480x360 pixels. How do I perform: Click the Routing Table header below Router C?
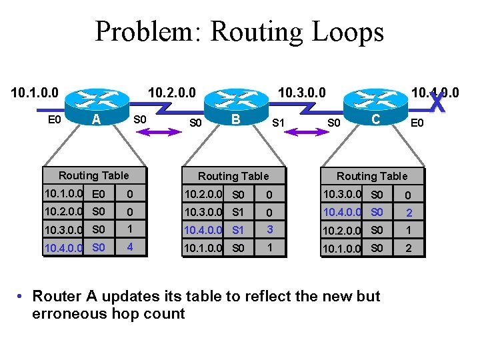click(x=371, y=177)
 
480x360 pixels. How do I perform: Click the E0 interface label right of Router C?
click(x=417, y=123)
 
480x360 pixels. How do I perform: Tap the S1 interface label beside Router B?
click(x=279, y=123)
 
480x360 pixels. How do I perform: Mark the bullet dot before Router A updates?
click(x=22, y=296)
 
